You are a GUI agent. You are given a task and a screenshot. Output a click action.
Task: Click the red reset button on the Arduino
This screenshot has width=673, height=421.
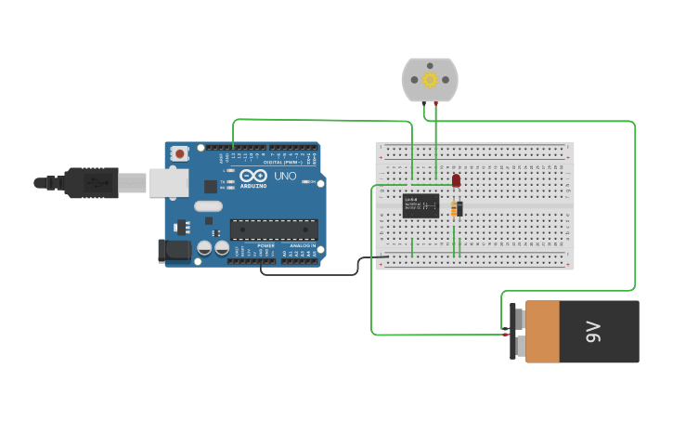pos(179,153)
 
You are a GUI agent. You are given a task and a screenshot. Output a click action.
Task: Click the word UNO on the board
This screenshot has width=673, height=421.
pos(285,176)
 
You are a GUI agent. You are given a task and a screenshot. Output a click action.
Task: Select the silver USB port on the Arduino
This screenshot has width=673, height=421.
pos(168,182)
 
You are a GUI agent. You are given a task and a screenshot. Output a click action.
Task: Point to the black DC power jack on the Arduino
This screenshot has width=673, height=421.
pos(174,249)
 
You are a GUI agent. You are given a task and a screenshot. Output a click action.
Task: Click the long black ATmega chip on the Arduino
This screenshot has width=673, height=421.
pos(274,230)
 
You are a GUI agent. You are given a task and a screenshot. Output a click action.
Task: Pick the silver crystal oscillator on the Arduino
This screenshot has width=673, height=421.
pos(209,206)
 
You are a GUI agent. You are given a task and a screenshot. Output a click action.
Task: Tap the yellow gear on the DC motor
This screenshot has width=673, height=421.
pos(430,80)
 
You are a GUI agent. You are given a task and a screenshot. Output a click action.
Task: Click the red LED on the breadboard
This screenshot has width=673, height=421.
pos(456,180)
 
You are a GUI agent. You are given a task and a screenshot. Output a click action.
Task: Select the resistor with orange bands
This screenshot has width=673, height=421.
pos(454,208)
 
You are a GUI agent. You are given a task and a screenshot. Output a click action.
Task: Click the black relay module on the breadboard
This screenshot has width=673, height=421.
pos(421,205)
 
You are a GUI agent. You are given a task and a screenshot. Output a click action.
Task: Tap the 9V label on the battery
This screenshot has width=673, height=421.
pos(594,332)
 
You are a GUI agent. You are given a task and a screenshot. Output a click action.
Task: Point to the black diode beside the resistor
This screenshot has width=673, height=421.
pos(460,208)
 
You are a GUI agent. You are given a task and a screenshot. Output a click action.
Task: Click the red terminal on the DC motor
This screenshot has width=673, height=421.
pos(435,101)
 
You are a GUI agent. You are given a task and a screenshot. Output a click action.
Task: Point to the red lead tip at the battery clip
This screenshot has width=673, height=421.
pos(505,333)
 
